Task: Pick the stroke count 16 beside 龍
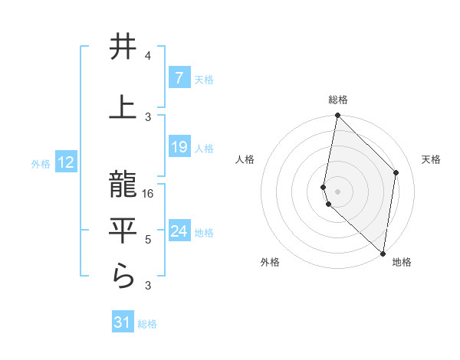pos(149,194)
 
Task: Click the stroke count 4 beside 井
pos(148,56)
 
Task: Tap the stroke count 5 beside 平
pos(148,240)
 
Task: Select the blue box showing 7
pos(179,78)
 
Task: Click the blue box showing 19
pos(179,147)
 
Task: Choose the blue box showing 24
pos(179,231)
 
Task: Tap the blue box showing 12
pos(66,162)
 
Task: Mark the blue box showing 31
pos(123,323)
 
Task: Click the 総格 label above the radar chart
pos(338,100)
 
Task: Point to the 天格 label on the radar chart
pos(431,159)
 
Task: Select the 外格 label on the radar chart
pos(270,262)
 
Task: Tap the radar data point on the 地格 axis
pos(383,254)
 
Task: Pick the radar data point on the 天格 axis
pos(396,172)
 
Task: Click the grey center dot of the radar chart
pos(338,189)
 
